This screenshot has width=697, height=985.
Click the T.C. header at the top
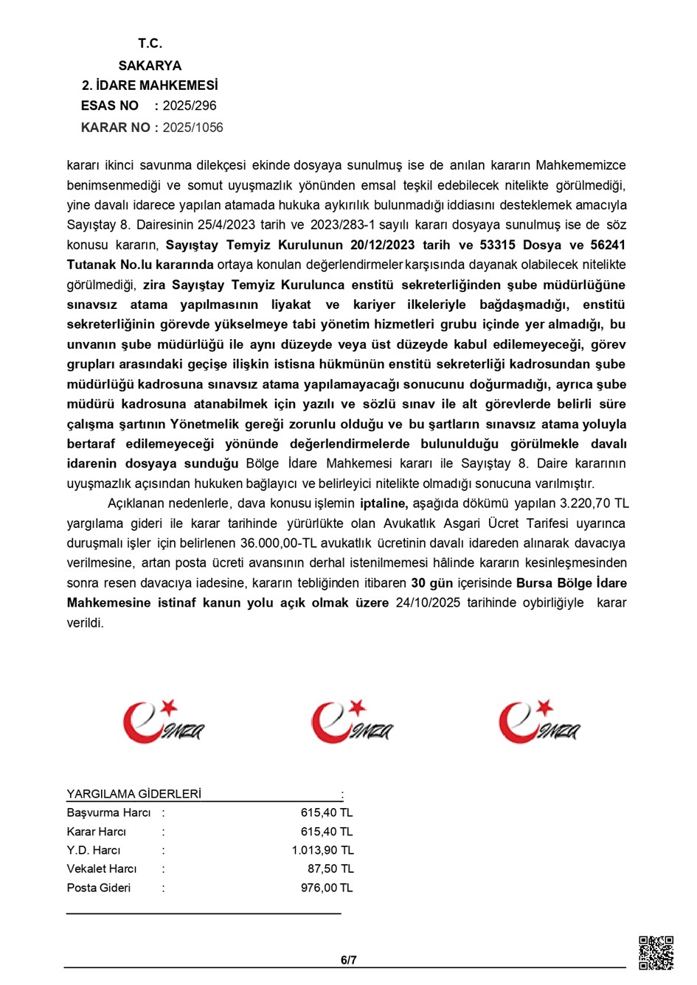[x=150, y=43]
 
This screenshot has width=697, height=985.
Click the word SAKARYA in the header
[x=150, y=66]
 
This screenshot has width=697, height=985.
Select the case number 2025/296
[x=190, y=105]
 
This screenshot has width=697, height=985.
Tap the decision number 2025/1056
[x=193, y=128]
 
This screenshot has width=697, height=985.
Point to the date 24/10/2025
[x=428, y=603]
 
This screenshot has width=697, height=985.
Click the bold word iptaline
[x=384, y=504]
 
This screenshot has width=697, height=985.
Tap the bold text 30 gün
[x=431, y=583]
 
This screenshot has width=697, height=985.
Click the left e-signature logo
[x=162, y=722]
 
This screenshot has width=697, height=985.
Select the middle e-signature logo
[x=351, y=722]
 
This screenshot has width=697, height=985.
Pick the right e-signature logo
[x=538, y=722]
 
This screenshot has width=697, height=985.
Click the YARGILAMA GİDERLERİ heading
[x=133, y=794]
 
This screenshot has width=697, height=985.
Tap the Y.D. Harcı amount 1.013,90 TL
[x=322, y=850]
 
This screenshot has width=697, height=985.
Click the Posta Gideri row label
[x=99, y=888]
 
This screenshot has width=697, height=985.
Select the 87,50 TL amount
[x=330, y=869]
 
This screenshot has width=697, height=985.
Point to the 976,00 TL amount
[x=327, y=888]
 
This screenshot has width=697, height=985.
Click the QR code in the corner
[x=655, y=953]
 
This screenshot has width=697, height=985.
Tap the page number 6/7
[x=349, y=960]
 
